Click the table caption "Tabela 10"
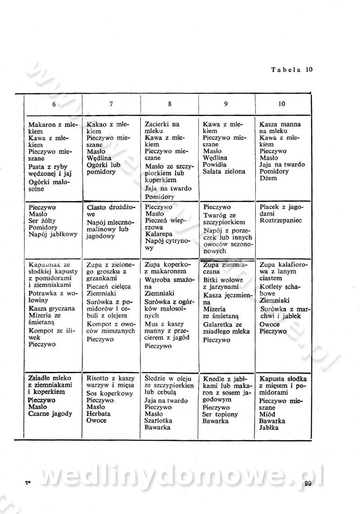(291, 70)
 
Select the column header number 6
(54, 104)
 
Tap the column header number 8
(170, 104)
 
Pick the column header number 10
(282, 104)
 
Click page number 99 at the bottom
(308, 484)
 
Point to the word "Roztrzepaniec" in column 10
(281, 221)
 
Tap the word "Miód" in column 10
(267, 414)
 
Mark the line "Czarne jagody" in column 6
(50, 414)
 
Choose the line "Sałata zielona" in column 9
(224, 171)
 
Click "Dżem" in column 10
(269, 178)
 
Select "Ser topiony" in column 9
(220, 414)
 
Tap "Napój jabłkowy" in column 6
(53, 234)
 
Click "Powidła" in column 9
(215, 165)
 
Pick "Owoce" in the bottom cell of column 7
(96, 420)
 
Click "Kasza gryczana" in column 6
(51, 308)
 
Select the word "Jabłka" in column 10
(269, 428)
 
